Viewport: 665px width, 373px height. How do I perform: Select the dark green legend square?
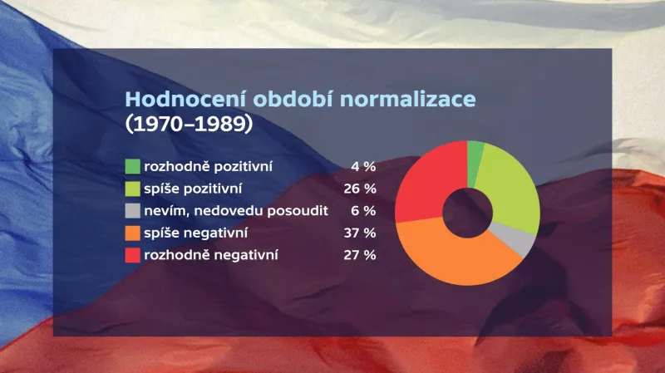tap(132, 165)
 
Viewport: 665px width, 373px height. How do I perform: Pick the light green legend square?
tap(132, 188)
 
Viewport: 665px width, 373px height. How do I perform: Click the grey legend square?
tap(132, 210)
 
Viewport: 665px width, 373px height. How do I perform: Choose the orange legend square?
tap(132, 233)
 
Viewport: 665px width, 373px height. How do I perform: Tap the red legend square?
tap(132, 255)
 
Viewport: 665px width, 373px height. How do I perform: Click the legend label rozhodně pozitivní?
tap(209, 166)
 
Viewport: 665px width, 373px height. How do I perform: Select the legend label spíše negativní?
tap(196, 233)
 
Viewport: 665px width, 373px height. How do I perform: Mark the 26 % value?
tap(360, 189)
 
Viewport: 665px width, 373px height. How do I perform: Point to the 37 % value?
tap(360, 233)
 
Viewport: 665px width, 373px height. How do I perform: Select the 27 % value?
tap(360, 256)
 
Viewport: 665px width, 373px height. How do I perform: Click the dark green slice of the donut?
tap(475, 153)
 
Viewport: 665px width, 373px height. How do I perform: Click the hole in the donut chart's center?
tap(465, 213)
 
